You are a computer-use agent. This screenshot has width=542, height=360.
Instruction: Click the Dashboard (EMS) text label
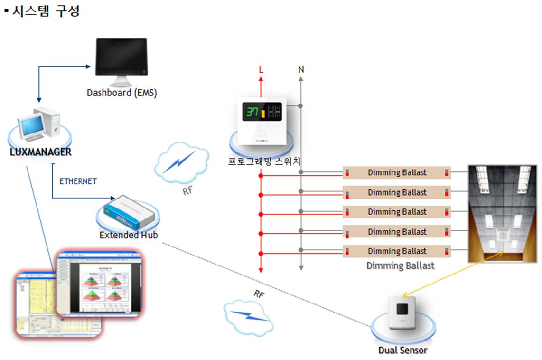pyautogui.click(x=121, y=93)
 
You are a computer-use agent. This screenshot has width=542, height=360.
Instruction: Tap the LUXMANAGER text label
pyautogui.click(x=40, y=152)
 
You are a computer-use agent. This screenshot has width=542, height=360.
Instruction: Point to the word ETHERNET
pyautogui.click(x=78, y=181)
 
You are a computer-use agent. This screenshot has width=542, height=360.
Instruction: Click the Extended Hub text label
pyautogui.click(x=128, y=235)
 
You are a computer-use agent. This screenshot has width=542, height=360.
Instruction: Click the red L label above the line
pyautogui.click(x=261, y=70)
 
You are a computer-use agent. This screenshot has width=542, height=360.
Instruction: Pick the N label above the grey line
pyautogui.click(x=301, y=70)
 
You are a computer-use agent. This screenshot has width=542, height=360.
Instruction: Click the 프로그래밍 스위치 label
pyautogui.click(x=264, y=161)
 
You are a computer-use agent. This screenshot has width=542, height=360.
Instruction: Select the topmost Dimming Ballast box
pyautogui.click(x=397, y=172)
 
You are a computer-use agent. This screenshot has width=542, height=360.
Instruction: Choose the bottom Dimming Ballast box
pyautogui.click(x=397, y=251)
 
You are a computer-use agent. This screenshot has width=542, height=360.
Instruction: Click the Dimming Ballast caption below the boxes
pyautogui.click(x=400, y=265)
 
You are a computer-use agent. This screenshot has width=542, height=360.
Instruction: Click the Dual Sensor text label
pyautogui.click(x=402, y=351)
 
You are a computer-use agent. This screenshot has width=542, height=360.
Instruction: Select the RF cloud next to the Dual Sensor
pyautogui.click(x=248, y=316)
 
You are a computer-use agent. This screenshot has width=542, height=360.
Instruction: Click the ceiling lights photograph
pyautogui.click(x=502, y=213)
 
